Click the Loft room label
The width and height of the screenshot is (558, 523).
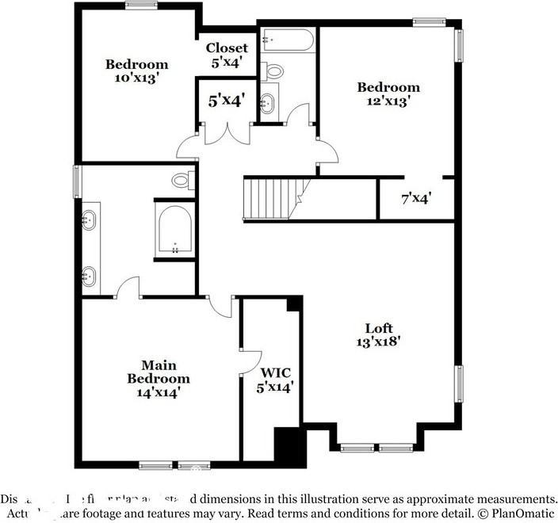point(378,328)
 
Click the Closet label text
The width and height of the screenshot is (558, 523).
point(227,48)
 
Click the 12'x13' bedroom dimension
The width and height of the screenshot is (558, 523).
point(388,101)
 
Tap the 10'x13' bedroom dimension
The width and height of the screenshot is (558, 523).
point(137,78)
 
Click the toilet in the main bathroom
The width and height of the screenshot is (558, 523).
point(182,181)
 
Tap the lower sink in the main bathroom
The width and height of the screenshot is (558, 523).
point(88,277)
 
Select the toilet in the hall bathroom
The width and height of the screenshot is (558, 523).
point(274,71)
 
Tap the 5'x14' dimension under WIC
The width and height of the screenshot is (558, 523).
point(275,387)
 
